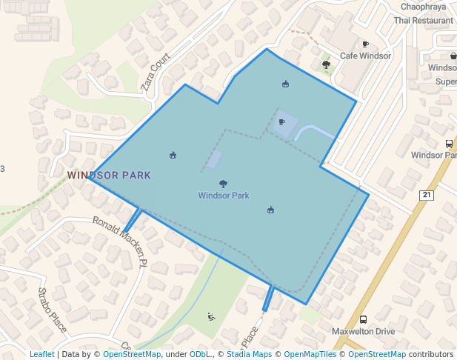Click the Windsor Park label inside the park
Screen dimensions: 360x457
tap(223, 196)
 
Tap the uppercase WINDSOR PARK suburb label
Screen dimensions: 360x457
tap(109, 176)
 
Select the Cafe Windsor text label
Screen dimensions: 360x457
tap(365, 56)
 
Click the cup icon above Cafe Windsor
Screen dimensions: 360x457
tap(365, 44)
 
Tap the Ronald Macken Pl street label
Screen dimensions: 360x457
tap(120, 241)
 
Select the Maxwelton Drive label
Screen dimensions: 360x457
tap(363, 332)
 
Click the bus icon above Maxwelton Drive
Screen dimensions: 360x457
tap(363, 320)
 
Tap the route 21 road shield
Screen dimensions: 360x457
tap(426, 195)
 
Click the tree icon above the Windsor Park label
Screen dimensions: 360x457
tap(223, 184)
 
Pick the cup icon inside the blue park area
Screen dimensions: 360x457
tap(281, 122)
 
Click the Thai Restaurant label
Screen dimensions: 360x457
tap(423, 21)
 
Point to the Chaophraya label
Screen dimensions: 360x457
tap(424, 7)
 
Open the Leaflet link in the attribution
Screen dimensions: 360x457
tap(41, 354)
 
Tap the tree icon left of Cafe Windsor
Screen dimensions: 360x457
tap(326, 65)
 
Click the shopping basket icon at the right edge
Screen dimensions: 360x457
tap(453, 56)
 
